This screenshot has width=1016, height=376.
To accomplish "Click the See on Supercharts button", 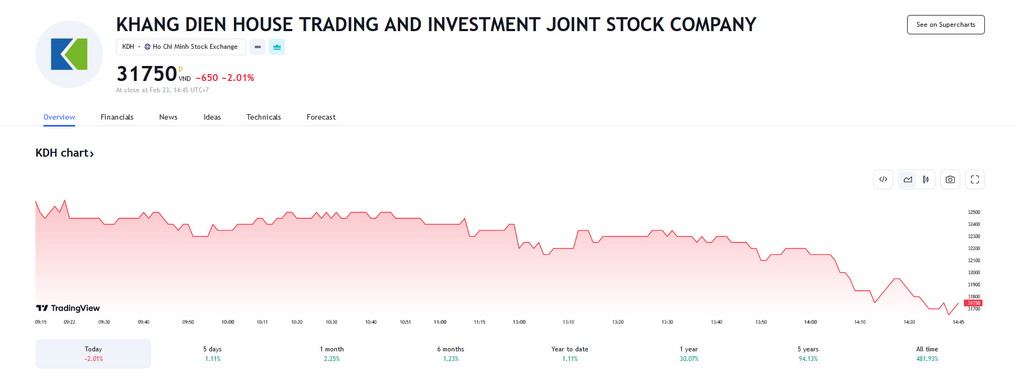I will click(945, 25).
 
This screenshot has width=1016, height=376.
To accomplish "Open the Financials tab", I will click(117, 117).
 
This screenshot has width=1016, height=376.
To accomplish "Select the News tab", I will click(168, 117).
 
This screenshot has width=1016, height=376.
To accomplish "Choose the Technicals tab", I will click(263, 117).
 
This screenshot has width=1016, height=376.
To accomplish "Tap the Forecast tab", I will click(321, 117).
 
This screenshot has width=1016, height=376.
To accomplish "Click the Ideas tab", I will click(212, 117).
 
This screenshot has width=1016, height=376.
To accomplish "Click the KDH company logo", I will click(69, 54).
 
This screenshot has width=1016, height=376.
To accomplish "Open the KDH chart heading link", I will click(64, 153).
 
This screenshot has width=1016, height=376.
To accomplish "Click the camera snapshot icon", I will click(949, 180).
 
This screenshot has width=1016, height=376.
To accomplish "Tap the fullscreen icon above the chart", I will click(975, 180).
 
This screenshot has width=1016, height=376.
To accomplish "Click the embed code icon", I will click(883, 180).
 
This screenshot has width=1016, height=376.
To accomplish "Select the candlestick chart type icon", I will click(925, 180).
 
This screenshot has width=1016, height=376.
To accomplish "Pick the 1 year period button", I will click(689, 353).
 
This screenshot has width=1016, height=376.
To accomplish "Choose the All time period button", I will click(927, 353).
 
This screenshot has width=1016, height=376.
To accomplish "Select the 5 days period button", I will click(212, 353).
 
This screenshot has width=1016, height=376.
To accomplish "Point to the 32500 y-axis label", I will click(974, 212).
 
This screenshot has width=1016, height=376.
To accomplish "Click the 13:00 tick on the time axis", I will click(519, 322).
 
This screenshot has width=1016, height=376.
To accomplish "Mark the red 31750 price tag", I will click(973, 303).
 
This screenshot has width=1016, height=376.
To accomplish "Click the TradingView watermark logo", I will click(68, 308).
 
